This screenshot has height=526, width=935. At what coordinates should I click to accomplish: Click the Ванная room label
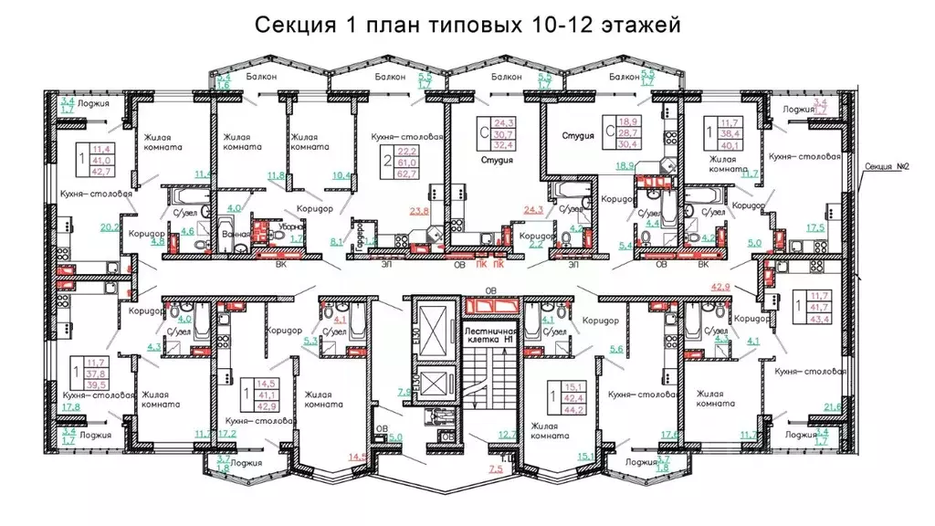click(235, 234)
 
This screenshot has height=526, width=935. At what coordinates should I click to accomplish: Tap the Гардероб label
click(360, 234)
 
